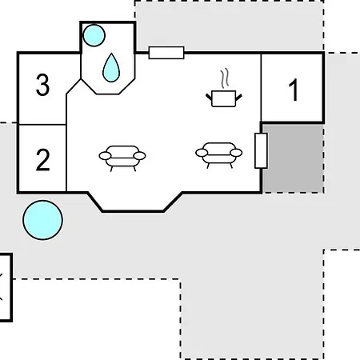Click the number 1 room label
[294, 90]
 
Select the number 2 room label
[42, 160]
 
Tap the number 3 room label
[42, 85]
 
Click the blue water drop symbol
[111, 68]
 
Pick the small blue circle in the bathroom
[94, 35]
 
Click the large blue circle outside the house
[42, 220]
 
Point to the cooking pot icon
[224, 98]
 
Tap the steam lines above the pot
[225, 78]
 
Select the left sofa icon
[122, 158]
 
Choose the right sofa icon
[219, 155]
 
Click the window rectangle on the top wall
[166, 53]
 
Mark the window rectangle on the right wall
[261, 150]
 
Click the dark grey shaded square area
[294, 158]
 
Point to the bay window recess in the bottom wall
[134, 202]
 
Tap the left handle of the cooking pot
[209, 97]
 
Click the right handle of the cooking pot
[239, 98]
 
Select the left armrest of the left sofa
[105, 156]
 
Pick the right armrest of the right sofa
[236, 153]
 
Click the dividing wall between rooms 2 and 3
[42, 124]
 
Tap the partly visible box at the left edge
[6, 287]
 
